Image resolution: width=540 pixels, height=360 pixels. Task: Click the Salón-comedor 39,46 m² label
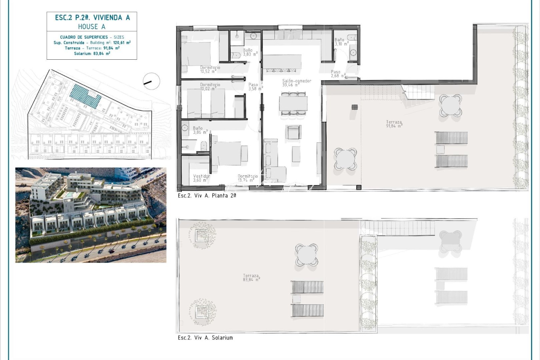tap(296, 83)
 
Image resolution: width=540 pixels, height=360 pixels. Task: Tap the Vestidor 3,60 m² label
tap(201, 178)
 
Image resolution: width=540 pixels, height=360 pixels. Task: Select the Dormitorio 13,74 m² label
tap(248, 178)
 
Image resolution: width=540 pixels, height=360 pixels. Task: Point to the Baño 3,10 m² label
tap(341, 42)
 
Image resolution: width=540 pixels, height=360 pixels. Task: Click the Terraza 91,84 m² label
tap(394, 124)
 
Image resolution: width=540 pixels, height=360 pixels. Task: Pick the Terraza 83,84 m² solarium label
tap(251, 278)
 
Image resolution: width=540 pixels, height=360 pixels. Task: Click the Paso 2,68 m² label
tap(337, 74)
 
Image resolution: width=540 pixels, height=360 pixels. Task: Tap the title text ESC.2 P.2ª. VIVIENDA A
tap(92, 18)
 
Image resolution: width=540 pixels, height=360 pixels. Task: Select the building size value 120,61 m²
tap(122, 43)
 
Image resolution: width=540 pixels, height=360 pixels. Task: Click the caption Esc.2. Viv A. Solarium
tap(205, 338)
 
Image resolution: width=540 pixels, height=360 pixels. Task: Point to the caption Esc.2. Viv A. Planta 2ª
tap(207, 196)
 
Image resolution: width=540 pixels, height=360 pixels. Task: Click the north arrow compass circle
tap(151, 81)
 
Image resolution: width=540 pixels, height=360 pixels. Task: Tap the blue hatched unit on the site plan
tap(85, 96)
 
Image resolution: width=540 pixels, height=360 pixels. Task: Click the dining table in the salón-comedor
tap(293, 104)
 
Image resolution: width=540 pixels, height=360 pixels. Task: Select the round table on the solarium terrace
tap(306, 255)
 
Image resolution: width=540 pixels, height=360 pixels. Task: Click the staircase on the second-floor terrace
tap(418, 91)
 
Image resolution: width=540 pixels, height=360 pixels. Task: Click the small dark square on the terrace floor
tap(354, 107)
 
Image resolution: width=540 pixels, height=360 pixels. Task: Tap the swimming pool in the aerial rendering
tap(70, 194)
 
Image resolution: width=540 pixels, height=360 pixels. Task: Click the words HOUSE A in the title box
tap(92, 27)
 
